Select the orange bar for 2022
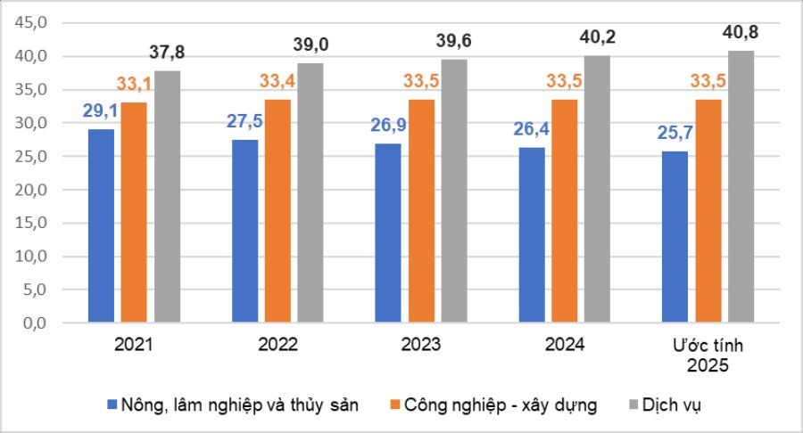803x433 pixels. point(277,210)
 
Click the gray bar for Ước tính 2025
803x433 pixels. point(741,186)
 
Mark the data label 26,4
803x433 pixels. point(532,130)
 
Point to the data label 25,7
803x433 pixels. point(675,135)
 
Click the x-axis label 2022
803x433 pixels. point(277,345)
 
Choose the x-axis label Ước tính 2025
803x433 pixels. point(708,355)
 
